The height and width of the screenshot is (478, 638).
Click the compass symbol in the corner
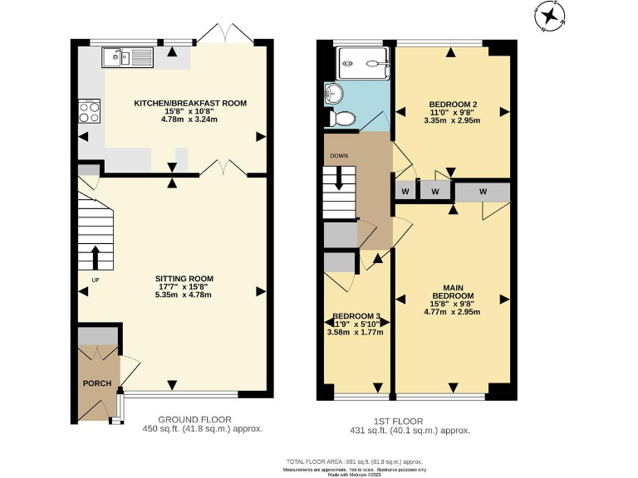(549, 16)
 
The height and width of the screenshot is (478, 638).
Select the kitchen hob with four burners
(89, 111)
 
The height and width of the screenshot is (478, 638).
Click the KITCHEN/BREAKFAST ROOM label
(190, 104)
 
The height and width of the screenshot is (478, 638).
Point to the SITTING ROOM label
(184, 279)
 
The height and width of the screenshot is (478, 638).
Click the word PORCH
(96, 383)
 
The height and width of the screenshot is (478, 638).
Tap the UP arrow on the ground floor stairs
(96, 257)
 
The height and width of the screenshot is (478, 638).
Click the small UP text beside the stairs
(83, 291)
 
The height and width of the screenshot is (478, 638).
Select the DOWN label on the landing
(339, 155)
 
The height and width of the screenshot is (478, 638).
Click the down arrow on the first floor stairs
(339, 182)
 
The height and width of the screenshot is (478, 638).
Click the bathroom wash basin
(335, 92)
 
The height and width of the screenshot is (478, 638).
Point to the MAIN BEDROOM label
(452, 291)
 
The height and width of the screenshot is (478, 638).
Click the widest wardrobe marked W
(483, 192)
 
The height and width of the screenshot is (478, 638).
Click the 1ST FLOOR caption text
(410, 420)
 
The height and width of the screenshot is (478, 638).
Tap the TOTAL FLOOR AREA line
(354, 461)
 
